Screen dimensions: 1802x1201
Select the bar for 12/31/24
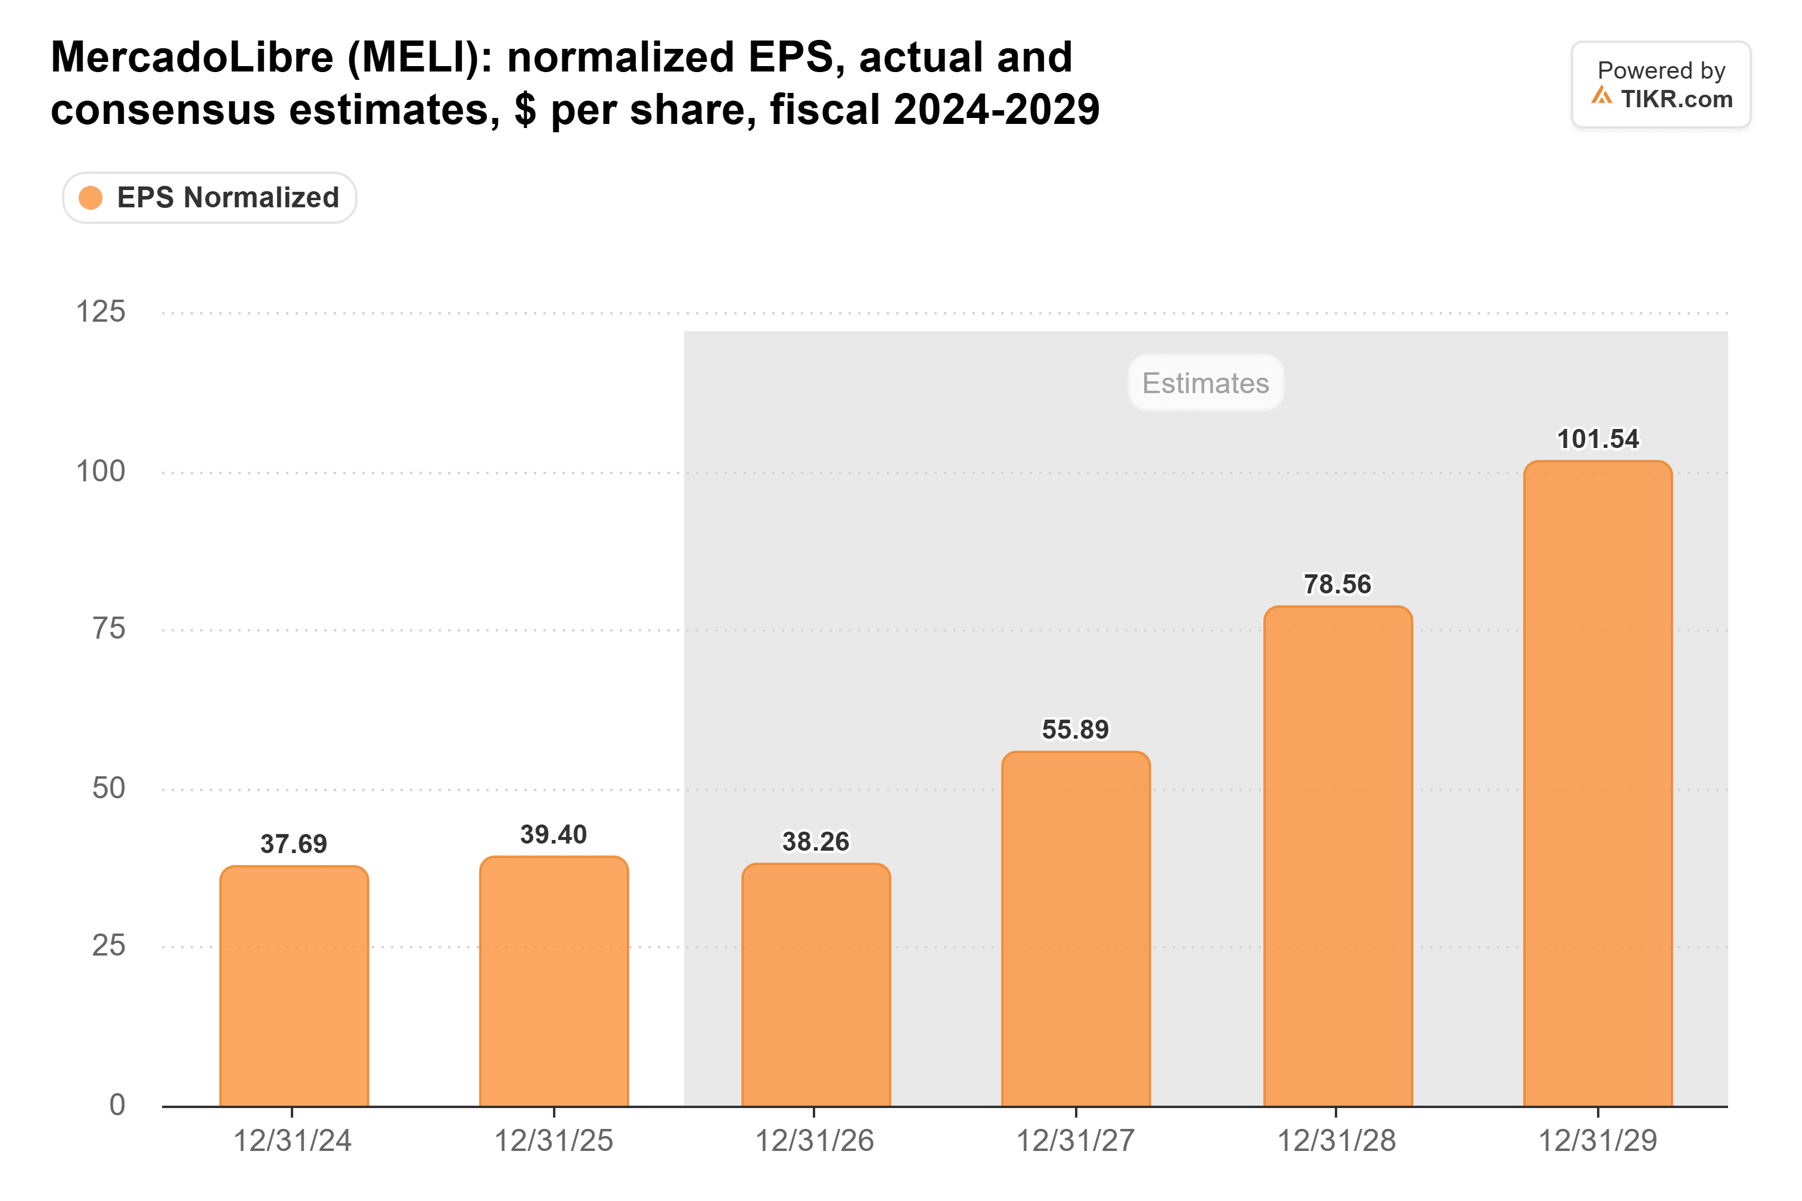pyautogui.click(x=294, y=986)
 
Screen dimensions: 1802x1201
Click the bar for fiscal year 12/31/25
pyautogui.click(x=554, y=981)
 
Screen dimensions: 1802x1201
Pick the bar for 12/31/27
pyautogui.click(x=1076, y=929)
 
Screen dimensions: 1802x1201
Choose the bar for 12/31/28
pyautogui.click(x=1338, y=856)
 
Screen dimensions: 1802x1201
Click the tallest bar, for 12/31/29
pyautogui.click(x=1598, y=783)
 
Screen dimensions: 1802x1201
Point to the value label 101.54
pyautogui.click(x=1598, y=439)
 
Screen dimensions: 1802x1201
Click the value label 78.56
pyautogui.click(x=1338, y=584)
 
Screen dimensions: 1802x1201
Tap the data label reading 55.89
pyautogui.click(x=1076, y=730)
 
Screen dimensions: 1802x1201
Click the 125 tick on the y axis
pyautogui.click(x=100, y=312)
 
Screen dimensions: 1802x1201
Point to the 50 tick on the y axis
pyautogui.click(x=109, y=788)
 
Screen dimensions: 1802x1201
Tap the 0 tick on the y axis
pyautogui.click(x=117, y=1105)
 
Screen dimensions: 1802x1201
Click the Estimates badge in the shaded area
pyautogui.click(x=1206, y=383)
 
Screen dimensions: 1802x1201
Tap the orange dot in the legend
pyautogui.click(x=91, y=198)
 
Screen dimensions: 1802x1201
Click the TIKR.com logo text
pyautogui.click(x=1676, y=99)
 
